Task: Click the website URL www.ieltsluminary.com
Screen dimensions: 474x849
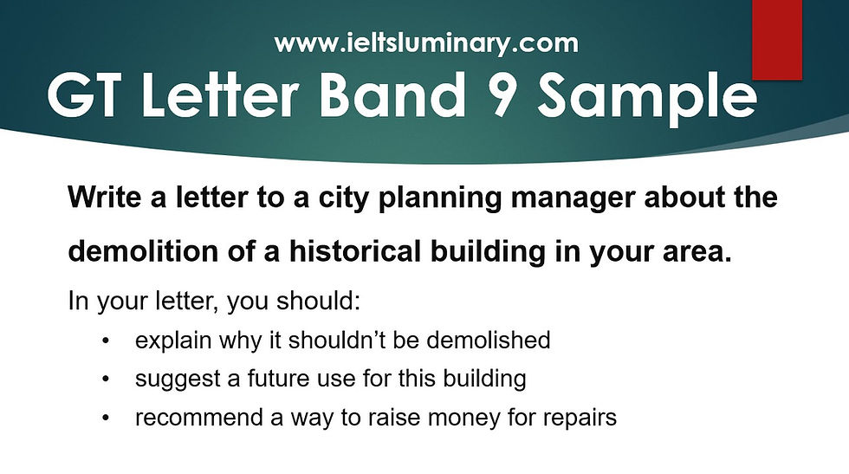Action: (x=425, y=42)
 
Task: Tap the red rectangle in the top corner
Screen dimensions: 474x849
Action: (x=776, y=38)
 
